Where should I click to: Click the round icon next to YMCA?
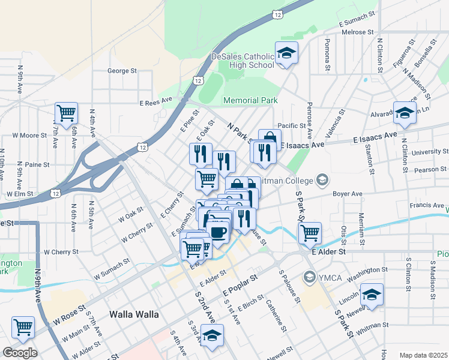[x=309, y=277]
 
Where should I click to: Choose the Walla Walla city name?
[x=134, y=314]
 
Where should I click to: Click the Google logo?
[x=20, y=353]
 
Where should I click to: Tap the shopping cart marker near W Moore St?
[x=66, y=112]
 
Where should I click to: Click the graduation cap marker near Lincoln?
[x=372, y=295]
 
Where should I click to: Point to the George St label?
[x=122, y=71]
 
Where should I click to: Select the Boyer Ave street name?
[x=348, y=194]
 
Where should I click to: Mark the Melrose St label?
[x=357, y=32]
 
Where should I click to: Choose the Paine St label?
[x=37, y=164]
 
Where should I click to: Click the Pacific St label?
[x=292, y=125]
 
